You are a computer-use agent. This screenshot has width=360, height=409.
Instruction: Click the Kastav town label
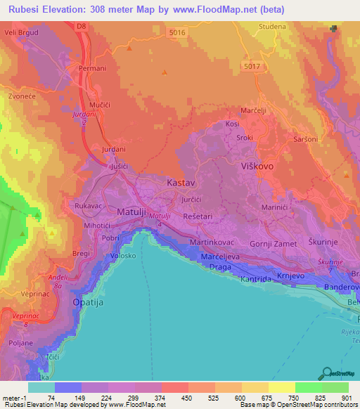click(180, 183)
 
